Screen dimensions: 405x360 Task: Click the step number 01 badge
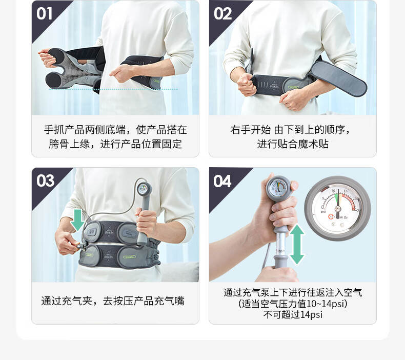point(45,13)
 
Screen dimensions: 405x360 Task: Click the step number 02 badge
point(222,13)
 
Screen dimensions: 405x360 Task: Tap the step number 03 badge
point(45,181)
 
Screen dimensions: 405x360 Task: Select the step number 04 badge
point(222,181)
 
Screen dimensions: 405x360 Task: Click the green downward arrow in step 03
point(77,220)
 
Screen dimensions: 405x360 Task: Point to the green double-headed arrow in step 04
point(297,244)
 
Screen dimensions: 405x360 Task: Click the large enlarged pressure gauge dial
point(338,208)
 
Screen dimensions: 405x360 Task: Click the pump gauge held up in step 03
point(143,189)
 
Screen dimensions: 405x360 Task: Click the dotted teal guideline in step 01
point(113,89)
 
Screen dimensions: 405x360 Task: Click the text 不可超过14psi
point(293,314)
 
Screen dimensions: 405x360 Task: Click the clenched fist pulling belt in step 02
point(246,83)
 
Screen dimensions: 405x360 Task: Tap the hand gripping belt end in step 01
point(47,58)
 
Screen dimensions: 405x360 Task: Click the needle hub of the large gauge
point(337,208)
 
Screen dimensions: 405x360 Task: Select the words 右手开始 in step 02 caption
point(251,129)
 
